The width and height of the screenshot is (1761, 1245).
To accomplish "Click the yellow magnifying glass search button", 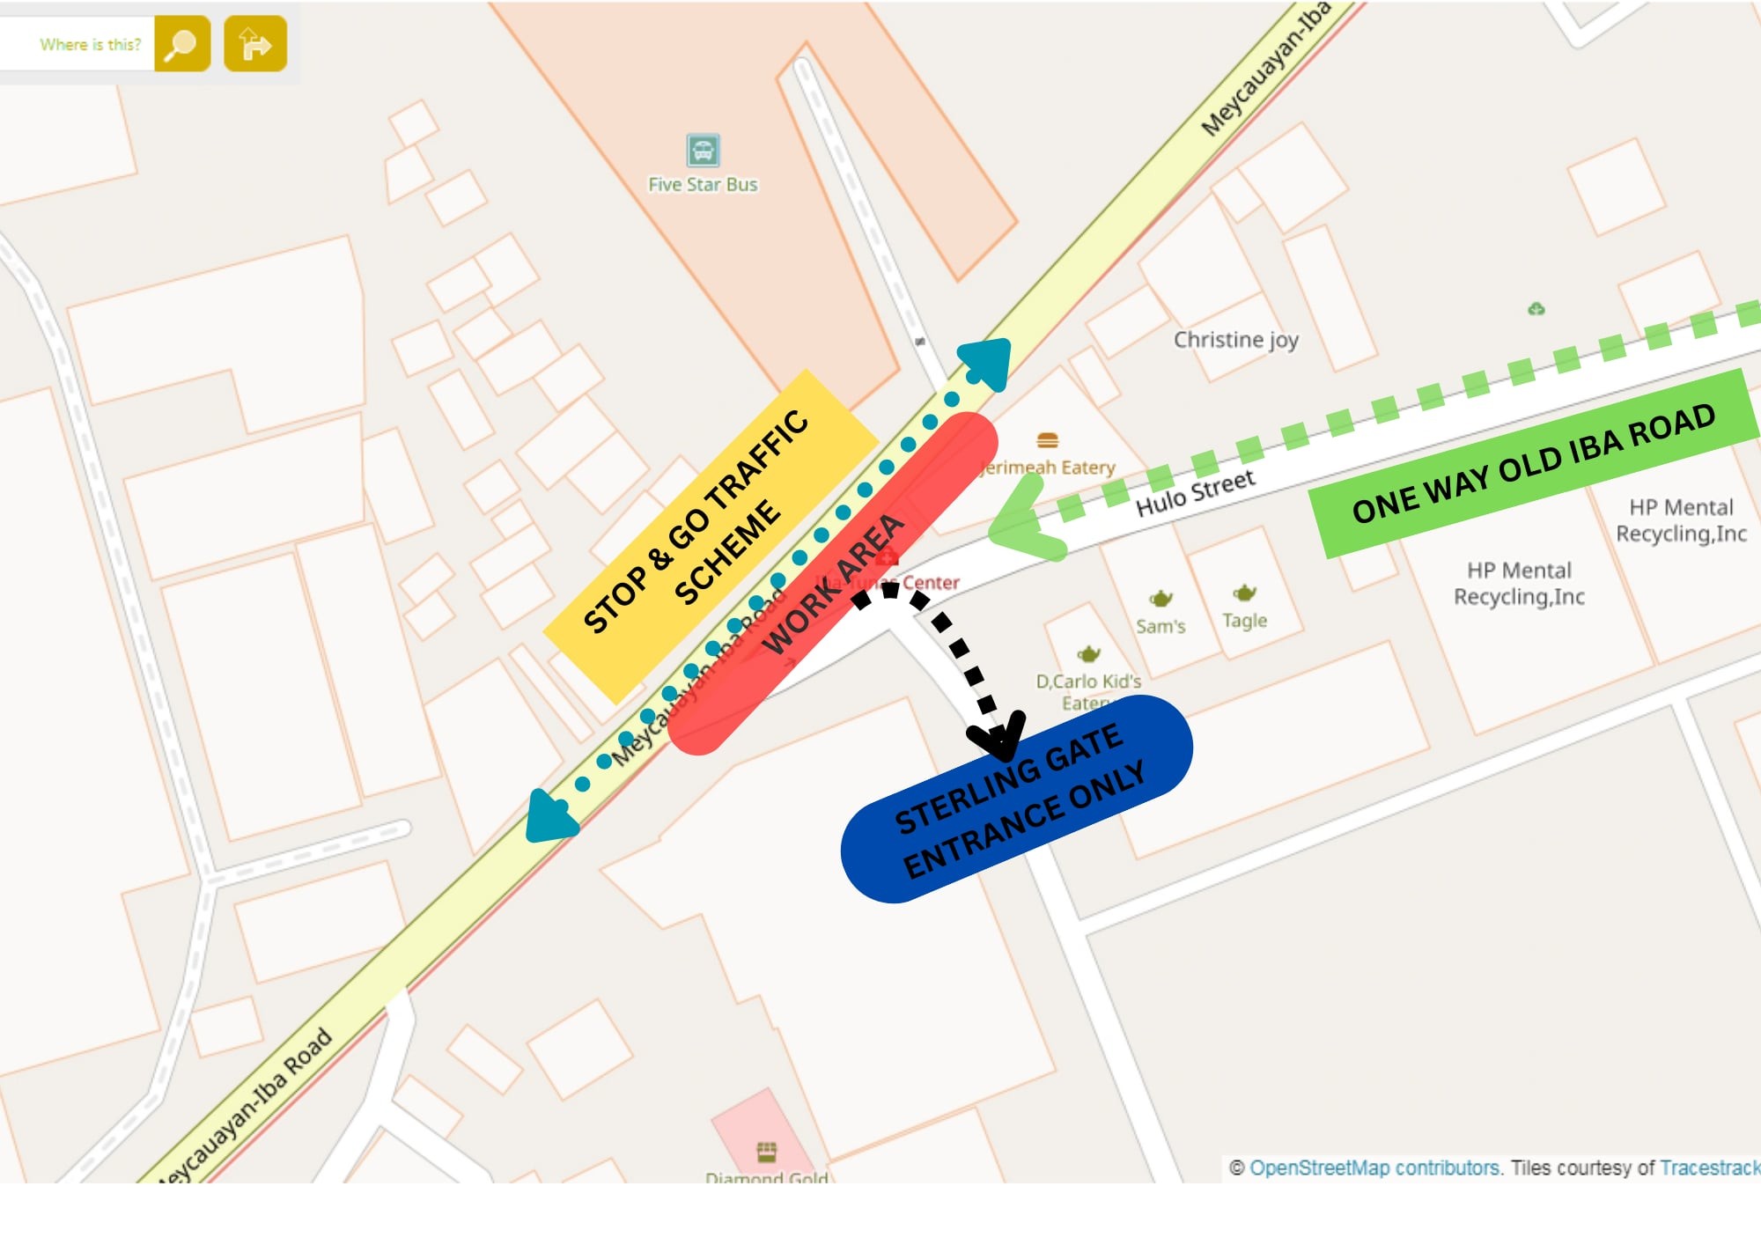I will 182,43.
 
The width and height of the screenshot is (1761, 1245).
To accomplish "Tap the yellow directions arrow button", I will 255,43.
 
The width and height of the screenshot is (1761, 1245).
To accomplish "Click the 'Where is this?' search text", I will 90,44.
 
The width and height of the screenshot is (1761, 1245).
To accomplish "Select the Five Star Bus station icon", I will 703,151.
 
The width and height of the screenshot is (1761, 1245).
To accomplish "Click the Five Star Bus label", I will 703,185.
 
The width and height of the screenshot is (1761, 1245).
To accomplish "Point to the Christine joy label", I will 1235,340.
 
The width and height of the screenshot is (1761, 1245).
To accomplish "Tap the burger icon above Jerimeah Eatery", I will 1047,439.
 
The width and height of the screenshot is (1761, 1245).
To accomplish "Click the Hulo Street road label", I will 1195,493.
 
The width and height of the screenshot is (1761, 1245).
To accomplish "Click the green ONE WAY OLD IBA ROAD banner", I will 1532,464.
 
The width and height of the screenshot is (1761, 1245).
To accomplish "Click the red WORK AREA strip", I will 832,584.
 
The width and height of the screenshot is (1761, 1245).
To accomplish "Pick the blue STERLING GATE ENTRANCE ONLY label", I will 1017,799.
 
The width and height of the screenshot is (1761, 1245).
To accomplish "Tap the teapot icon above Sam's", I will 1160,599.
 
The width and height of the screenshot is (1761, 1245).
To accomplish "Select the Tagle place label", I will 1244,621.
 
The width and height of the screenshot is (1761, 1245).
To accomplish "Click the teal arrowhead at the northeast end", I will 986,361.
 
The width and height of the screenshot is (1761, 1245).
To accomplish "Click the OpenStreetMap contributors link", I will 1374,1168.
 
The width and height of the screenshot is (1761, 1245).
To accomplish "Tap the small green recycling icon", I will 1536,309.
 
